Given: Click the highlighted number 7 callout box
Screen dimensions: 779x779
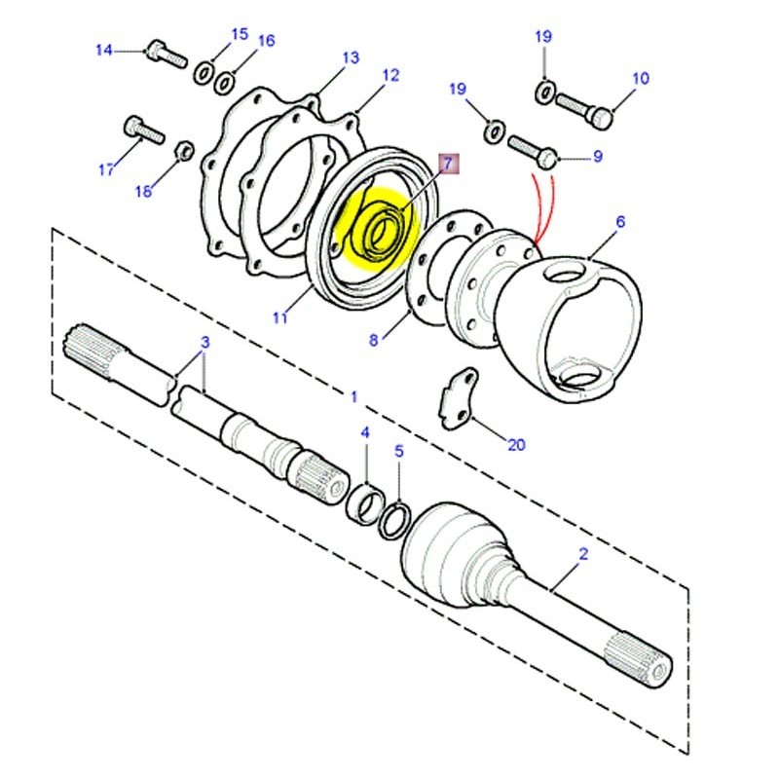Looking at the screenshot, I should (x=448, y=164).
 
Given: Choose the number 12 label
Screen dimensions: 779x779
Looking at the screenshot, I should (x=390, y=76).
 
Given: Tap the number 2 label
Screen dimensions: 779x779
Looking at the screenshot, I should (x=583, y=555).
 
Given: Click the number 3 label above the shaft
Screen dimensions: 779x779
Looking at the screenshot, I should (x=205, y=342).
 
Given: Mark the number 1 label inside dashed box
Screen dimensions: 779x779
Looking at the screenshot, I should (x=353, y=397).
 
